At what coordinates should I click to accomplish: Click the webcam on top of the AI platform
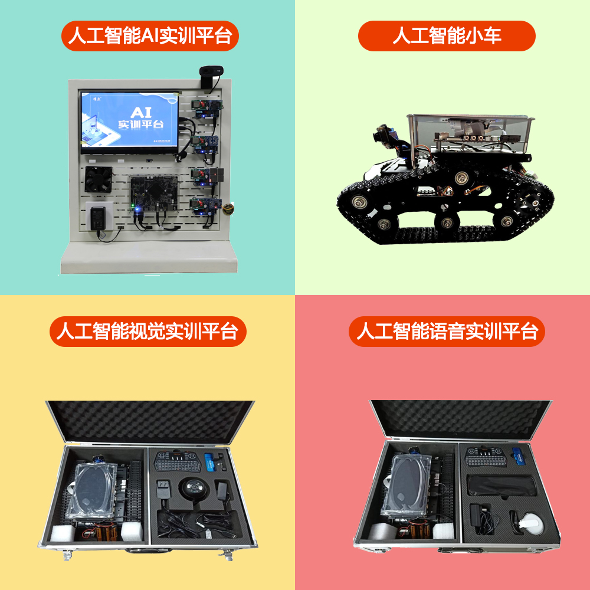(211, 76)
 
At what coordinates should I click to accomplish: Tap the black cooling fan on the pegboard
(98, 179)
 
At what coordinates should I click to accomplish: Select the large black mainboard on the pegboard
(154, 193)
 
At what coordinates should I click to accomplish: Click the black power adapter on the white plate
(98, 218)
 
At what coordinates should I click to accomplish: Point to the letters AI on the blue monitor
(141, 112)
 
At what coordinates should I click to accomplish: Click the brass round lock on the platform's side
(228, 208)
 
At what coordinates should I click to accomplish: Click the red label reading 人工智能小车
(447, 36)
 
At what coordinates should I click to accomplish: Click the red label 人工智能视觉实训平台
(148, 331)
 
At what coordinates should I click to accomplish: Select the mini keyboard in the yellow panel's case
(178, 461)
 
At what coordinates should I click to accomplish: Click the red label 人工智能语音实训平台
(447, 331)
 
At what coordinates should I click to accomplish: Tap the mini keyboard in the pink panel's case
(486, 457)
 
